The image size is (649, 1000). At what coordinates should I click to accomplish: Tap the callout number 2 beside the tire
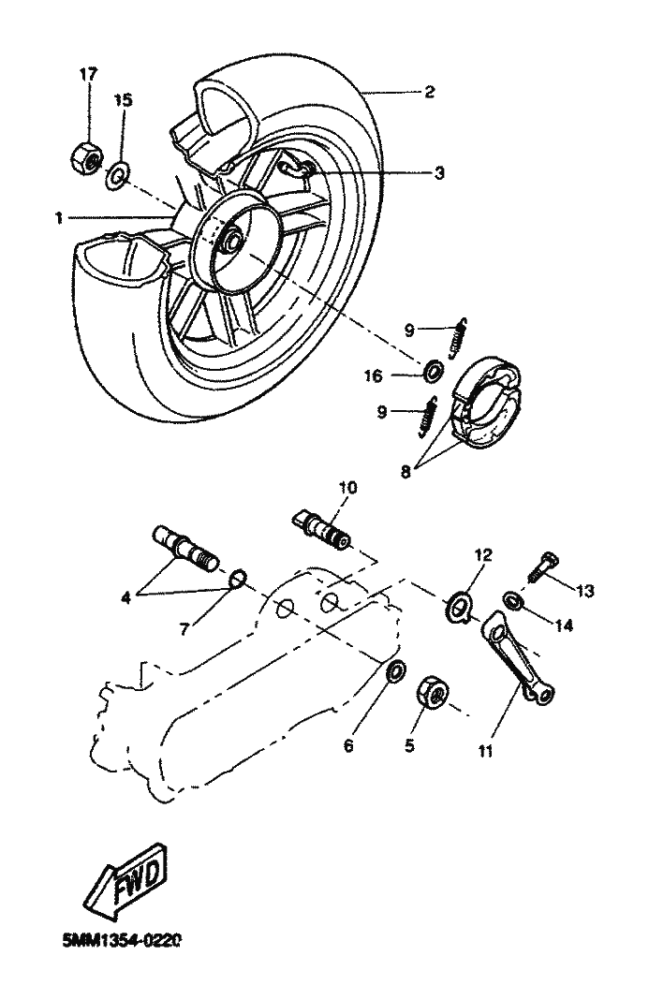tap(429, 92)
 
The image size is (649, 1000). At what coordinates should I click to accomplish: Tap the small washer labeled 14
tap(511, 600)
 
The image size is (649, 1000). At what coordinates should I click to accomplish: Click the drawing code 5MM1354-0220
tap(123, 939)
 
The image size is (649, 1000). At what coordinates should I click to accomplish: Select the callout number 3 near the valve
tap(438, 172)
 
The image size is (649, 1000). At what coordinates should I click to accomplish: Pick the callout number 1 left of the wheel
tap(59, 219)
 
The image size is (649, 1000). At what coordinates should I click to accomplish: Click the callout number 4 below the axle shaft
tap(126, 598)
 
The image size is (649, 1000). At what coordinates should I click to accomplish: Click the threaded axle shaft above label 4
tap(184, 548)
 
